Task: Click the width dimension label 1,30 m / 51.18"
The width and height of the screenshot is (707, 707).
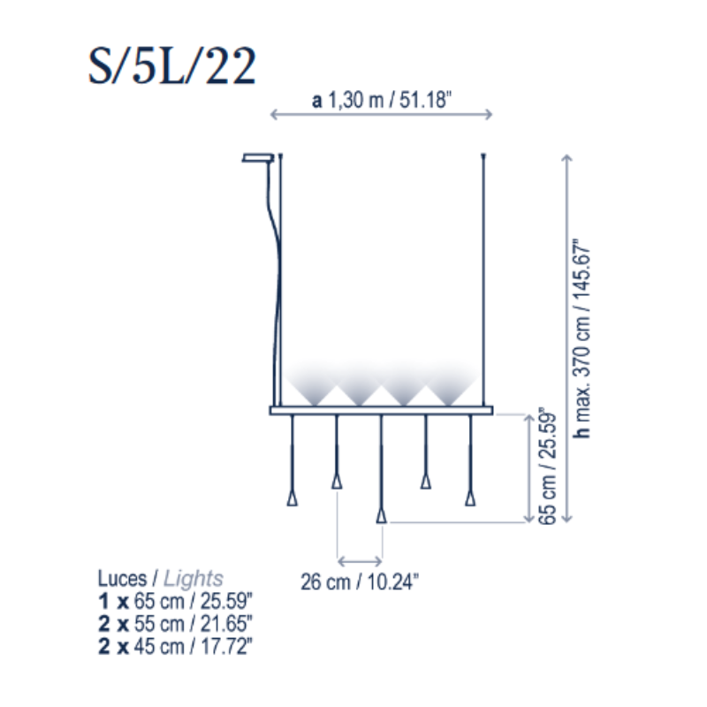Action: coord(390,100)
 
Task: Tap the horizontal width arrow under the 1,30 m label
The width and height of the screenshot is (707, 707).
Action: coord(381,115)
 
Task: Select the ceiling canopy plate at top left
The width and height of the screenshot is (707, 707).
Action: coord(258,158)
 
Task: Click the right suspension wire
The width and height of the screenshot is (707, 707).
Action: coord(483,279)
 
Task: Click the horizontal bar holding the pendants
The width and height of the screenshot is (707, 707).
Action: coord(381,411)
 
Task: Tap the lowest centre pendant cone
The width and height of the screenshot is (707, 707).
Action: coord(382,516)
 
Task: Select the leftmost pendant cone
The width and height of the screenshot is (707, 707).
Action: coord(293,498)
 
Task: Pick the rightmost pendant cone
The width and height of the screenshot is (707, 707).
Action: coord(470,498)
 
